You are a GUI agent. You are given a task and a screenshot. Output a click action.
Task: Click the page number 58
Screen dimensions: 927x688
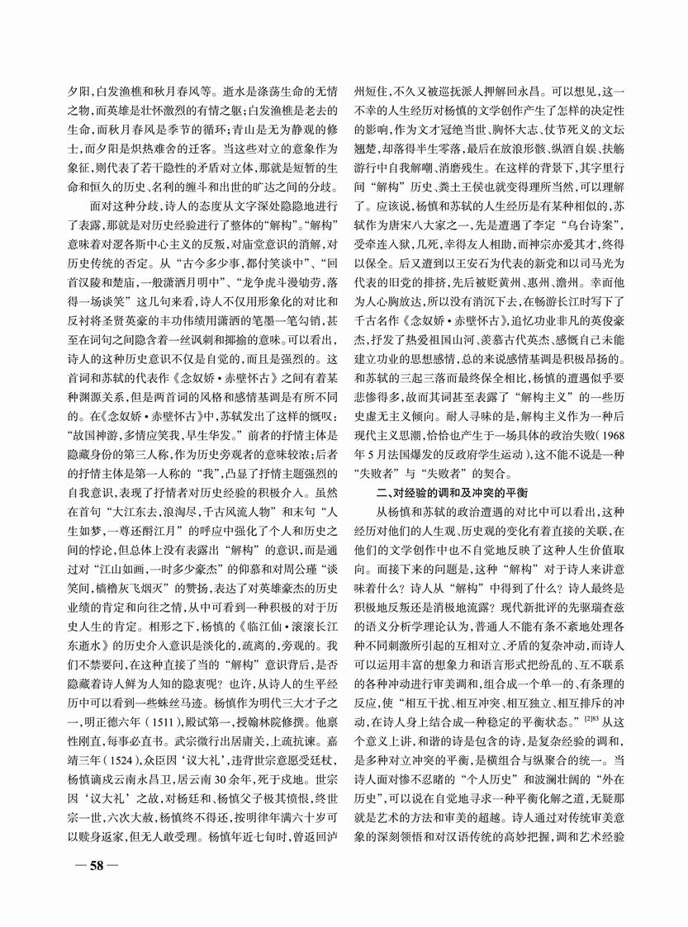[94, 866]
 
